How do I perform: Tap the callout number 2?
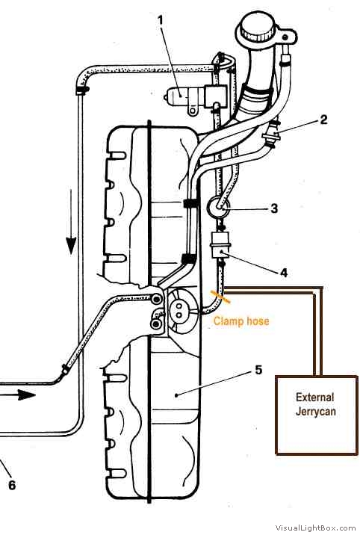pyautogui.click(x=323, y=119)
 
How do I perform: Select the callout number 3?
pyautogui.click(x=274, y=208)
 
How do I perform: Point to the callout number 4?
pyautogui.click(x=284, y=272)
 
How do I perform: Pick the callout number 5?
pyautogui.click(x=258, y=370)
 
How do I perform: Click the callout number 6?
pyautogui.click(x=12, y=485)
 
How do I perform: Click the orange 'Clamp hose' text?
pyautogui.click(x=241, y=321)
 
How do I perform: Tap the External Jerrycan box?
pyautogui.click(x=317, y=415)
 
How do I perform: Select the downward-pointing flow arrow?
pyautogui.click(x=71, y=222)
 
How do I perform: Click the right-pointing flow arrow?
pyautogui.click(x=18, y=395)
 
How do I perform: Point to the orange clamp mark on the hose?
pyautogui.click(x=220, y=297)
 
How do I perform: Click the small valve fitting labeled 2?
pyautogui.click(x=272, y=135)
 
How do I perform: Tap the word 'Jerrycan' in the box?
pyautogui.click(x=316, y=411)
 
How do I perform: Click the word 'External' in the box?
pyautogui.click(x=315, y=398)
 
